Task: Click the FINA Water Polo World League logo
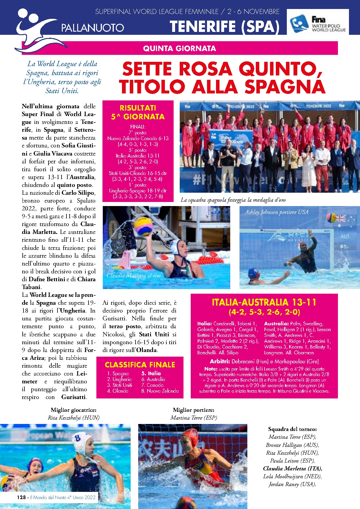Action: point(318,22)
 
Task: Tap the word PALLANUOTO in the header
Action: point(93,28)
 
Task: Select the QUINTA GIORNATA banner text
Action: point(179,48)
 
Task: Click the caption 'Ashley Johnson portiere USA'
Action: point(276,212)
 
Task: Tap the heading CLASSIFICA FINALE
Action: point(140,365)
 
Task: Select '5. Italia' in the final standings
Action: point(151,373)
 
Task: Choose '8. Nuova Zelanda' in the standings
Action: point(160,391)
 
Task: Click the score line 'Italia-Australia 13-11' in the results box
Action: point(138,156)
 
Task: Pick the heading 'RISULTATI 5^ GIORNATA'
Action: point(138,112)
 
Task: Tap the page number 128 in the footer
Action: point(21,497)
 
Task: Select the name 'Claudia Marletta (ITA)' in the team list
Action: point(292,468)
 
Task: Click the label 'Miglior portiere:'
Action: point(194,410)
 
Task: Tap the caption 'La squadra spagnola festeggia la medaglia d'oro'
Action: point(233,200)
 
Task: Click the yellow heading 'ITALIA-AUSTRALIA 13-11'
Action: point(264,302)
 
